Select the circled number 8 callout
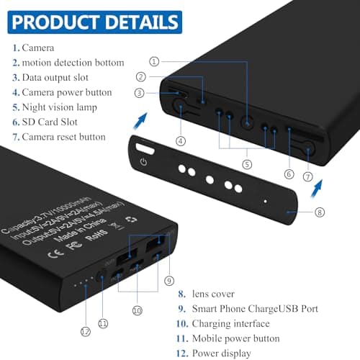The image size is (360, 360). click(x=320, y=212)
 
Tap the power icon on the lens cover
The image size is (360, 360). click(x=143, y=161)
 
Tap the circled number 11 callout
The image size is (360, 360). click(x=102, y=324)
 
